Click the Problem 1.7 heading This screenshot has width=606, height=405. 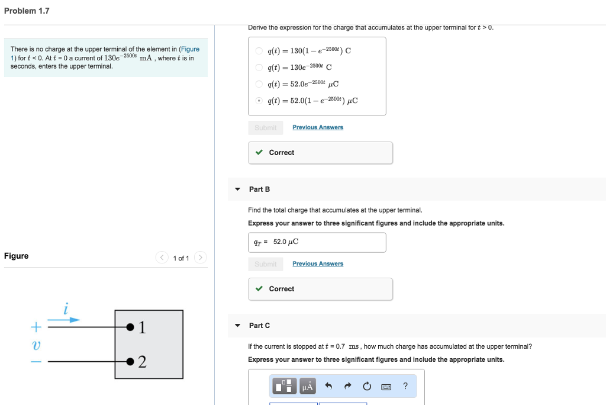point(27,11)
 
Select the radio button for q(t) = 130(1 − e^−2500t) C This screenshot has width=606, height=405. point(259,50)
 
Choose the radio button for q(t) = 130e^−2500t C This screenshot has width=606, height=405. point(259,67)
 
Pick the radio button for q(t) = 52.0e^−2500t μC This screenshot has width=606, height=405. point(259,83)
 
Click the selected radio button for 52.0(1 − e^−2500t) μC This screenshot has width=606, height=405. point(259,100)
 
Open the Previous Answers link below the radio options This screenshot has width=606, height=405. point(318,127)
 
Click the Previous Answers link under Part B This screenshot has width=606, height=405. point(318,263)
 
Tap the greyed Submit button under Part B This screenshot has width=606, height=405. point(265,263)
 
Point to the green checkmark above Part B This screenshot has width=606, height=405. point(259,153)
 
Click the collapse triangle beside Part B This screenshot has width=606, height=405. point(237,189)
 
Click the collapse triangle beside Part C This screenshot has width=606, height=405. point(237,326)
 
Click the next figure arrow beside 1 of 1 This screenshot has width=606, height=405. point(200,258)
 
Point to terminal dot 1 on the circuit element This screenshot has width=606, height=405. point(129,326)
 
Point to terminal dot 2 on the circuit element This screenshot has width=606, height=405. point(129,361)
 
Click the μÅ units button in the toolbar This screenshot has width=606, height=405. point(307,387)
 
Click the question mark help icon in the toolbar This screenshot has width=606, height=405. point(405,386)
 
